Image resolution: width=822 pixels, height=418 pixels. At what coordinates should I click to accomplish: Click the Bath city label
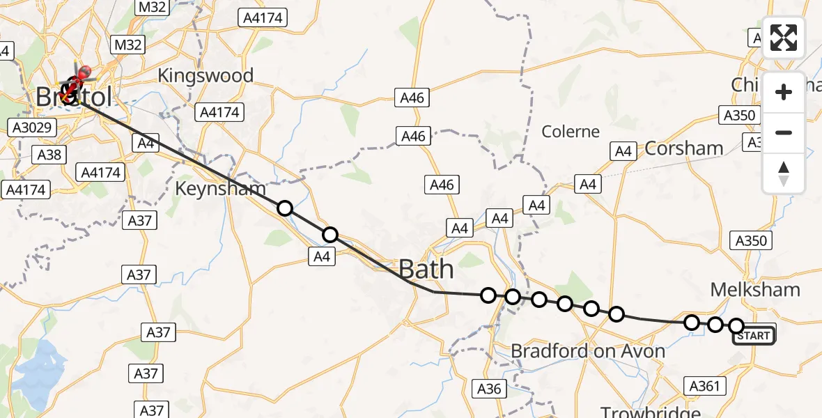coord(426,269)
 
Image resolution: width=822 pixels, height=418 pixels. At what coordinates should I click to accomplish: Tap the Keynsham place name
coord(220,188)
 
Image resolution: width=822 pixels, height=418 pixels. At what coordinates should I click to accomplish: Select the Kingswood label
coord(205,75)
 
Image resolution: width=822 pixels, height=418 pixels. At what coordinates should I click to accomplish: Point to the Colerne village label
coord(571,131)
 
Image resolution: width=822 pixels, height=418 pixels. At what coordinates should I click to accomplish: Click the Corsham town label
coord(684,148)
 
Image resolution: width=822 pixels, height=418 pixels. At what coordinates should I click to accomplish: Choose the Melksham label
coord(755,289)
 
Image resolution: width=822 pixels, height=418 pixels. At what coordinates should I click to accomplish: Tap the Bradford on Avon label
coord(588,350)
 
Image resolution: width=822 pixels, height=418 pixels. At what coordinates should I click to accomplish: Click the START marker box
coord(753,336)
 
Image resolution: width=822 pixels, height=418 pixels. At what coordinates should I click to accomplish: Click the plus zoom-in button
coord(784,92)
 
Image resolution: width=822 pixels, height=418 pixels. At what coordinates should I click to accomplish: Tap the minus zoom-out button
coord(784,132)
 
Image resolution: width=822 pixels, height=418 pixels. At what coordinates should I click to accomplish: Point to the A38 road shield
coord(49,154)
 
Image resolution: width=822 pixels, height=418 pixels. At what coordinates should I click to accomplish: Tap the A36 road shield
coord(489,388)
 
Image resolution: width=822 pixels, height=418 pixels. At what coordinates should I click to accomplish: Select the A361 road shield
coord(706,385)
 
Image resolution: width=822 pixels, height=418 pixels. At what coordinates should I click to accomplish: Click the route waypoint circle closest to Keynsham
coord(284,208)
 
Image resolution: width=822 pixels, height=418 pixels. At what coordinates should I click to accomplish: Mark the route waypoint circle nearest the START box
coord(736,325)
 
